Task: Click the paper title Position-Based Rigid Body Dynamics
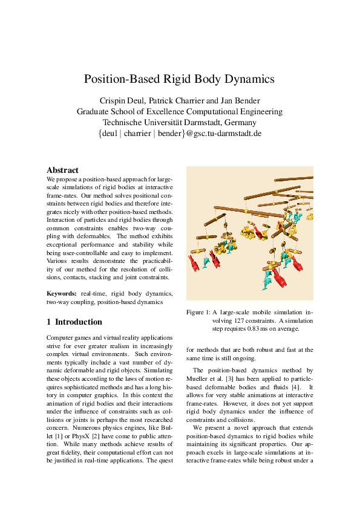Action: [179, 79]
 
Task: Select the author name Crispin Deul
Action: [123, 100]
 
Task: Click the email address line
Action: [179, 133]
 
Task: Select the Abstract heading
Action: [62, 170]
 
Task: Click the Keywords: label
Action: [62, 293]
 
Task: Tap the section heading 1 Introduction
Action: [74, 322]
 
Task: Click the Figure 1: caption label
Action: [197, 312]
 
